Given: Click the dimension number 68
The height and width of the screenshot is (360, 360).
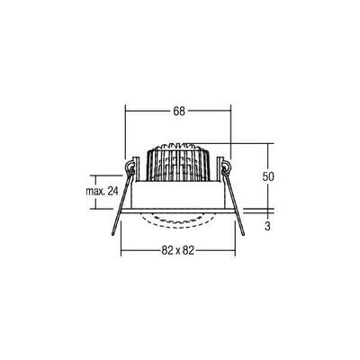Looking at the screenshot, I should point(178,112).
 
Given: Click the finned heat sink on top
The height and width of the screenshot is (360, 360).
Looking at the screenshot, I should point(178,160).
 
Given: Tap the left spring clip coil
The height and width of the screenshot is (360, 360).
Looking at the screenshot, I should point(131,168).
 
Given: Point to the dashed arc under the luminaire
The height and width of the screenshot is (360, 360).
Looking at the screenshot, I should point(178,220).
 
